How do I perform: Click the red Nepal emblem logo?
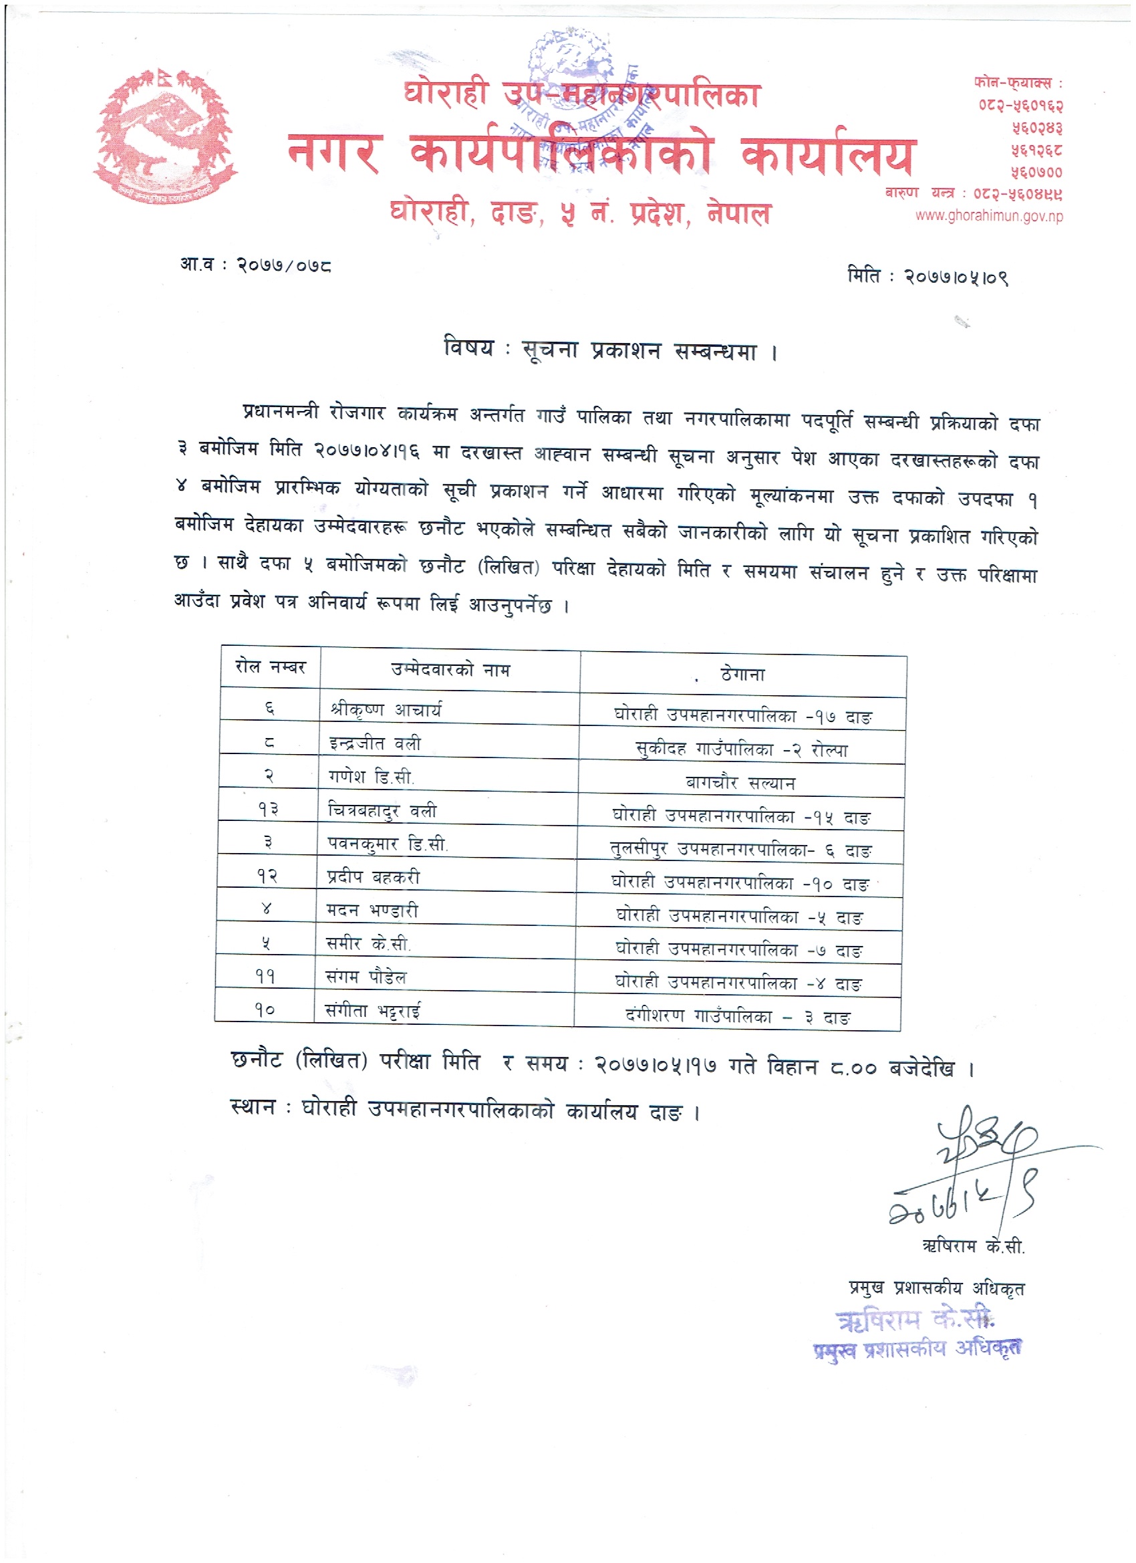165,136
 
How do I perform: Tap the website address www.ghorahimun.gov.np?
988,216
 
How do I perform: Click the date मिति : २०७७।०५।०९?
928,277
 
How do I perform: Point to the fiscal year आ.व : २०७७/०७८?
255,265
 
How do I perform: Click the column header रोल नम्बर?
270,667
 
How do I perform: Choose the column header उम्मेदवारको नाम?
450,669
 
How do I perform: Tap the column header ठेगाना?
742,674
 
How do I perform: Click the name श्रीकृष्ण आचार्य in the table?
386,709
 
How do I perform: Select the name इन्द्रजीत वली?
375,743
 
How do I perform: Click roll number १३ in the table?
268,809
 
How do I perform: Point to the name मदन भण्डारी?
372,911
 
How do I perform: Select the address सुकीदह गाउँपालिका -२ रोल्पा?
741,749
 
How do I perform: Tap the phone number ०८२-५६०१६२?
1020,106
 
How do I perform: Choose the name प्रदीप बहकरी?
373,876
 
